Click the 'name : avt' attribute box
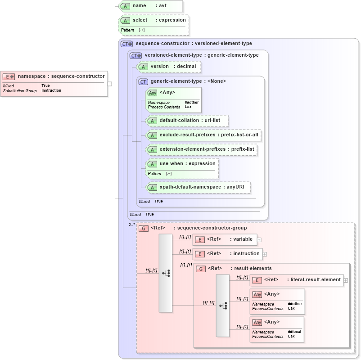tap(151, 6)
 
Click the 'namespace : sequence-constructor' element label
tap(61, 76)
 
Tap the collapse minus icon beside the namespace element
tap(110, 83)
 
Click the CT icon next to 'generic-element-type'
tap(143, 81)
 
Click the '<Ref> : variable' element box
tap(225, 239)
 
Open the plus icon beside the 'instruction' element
tap(265, 254)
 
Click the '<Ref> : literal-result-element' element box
tap(297, 280)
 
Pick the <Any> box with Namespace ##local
tap(277, 329)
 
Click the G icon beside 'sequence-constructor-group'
tap(144, 228)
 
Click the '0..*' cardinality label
tap(131, 224)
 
